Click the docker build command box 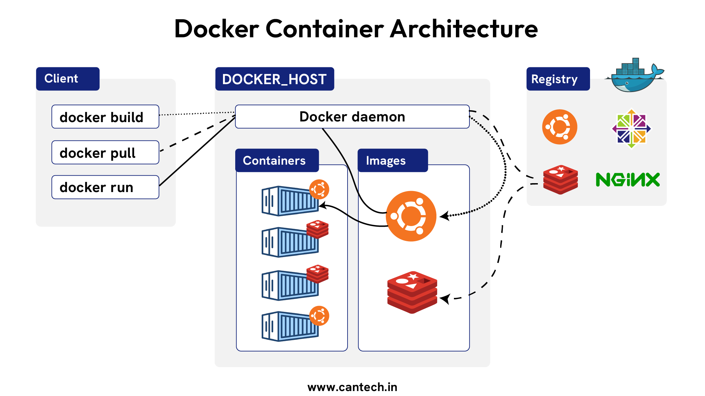(x=105, y=117)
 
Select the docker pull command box (x=105, y=152)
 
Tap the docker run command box (x=105, y=187)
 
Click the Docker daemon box (x=352, y=117)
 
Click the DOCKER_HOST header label (x=274, y=79)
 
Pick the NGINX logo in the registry (x=628, y=180)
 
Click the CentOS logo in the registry (x=631, y=129)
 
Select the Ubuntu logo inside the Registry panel (x=560, y=127)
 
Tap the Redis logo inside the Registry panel (x=560, y=180)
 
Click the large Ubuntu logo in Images (x=411, y=216)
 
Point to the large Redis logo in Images (x=412, y=292)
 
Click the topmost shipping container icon (x=290, y=201)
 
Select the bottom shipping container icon (x=290, y=326)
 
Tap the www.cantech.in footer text (x=352, y=387)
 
